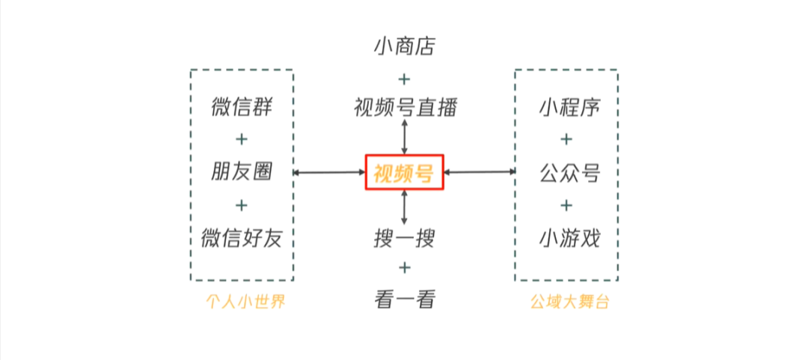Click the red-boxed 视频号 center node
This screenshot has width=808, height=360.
coord(404,173)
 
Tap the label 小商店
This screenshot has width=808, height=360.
coord(404,47)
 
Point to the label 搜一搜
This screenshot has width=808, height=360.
coord(404,239)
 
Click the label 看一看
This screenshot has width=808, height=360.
coord(404,299)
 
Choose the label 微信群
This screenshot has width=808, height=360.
coord(241,107)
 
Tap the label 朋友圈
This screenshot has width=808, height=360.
coord(241,173)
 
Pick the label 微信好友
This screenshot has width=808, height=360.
coord(241,238)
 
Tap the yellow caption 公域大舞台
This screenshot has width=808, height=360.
coord(566,303)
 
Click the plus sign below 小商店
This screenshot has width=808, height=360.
coord(404,78)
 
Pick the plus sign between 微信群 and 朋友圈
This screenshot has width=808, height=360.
coord(241,139)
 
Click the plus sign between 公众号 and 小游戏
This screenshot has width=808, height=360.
coord(566,205)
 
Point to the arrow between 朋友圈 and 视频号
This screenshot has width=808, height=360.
coord(329,173)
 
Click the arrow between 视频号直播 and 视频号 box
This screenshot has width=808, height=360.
coord(405,136)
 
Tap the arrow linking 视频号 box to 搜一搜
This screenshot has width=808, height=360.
coord(405,207)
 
